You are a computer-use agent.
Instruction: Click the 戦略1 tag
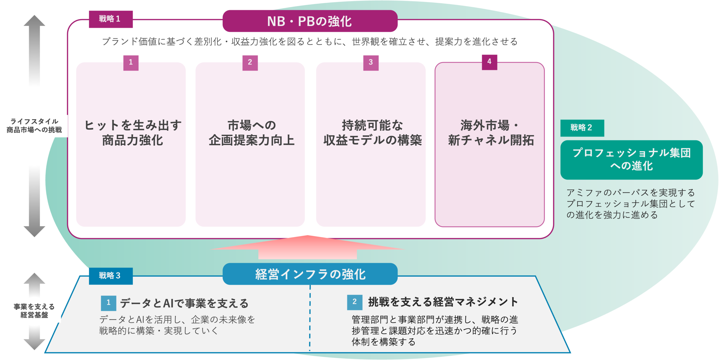[111, 19]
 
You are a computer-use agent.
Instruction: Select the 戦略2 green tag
[582, 128]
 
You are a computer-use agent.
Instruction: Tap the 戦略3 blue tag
[111, 276]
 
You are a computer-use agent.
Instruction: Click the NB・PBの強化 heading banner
[310, 21]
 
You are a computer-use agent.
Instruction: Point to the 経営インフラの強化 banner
[310, 274]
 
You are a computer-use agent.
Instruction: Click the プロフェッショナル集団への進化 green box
[631, 160]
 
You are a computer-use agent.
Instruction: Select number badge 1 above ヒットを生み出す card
[131, 63]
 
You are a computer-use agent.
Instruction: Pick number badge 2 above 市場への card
[250, 63]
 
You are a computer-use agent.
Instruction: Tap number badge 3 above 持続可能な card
[371, 63]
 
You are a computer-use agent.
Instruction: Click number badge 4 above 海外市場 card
[489, 62]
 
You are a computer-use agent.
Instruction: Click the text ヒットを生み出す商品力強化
[133, 133]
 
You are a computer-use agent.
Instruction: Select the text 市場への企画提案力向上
[251, 133]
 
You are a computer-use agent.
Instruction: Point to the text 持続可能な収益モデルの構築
[372, 133]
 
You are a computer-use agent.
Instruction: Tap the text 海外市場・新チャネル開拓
[490, 133]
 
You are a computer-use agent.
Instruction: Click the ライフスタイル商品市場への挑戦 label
[34, 126]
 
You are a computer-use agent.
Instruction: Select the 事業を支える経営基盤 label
[34, 311]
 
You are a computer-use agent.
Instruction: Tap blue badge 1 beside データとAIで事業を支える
[108, 303]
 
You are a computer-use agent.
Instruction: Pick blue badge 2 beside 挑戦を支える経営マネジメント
[354, 302]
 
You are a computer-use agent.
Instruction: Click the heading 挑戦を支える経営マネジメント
[443, 302]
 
